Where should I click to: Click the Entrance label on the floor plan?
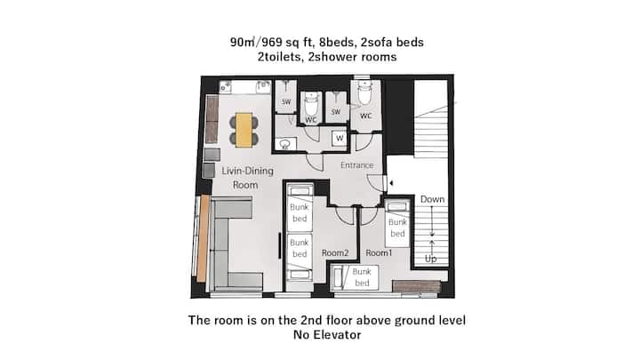click(x=357, y=165)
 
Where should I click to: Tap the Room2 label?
click(x=335, y=253)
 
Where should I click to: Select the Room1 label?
click(x=379, y=253)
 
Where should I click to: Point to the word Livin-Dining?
click(x=247, y=171)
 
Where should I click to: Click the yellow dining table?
click(x=244, y=130)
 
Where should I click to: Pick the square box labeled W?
click(x=340, y=139)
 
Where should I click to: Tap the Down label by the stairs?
click(x=432, y=199)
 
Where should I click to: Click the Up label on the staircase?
click(x=430, y=259)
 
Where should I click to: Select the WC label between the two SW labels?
click(x=311, y=120)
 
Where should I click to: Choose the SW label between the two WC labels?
click(x=335, y=112)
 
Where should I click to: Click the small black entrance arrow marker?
click(x=391, y=183)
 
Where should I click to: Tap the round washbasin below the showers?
click(x=285, y=144)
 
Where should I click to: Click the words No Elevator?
click(x=327, y=335)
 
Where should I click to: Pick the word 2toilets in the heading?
click(x=280, y=57)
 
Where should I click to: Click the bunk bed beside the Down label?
click(x=397, y=224)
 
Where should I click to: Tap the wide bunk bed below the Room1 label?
click(x=355, y=277)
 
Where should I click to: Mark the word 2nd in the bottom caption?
click(x=311, y=320)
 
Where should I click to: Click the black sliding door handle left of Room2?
click(x=280, y=245)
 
